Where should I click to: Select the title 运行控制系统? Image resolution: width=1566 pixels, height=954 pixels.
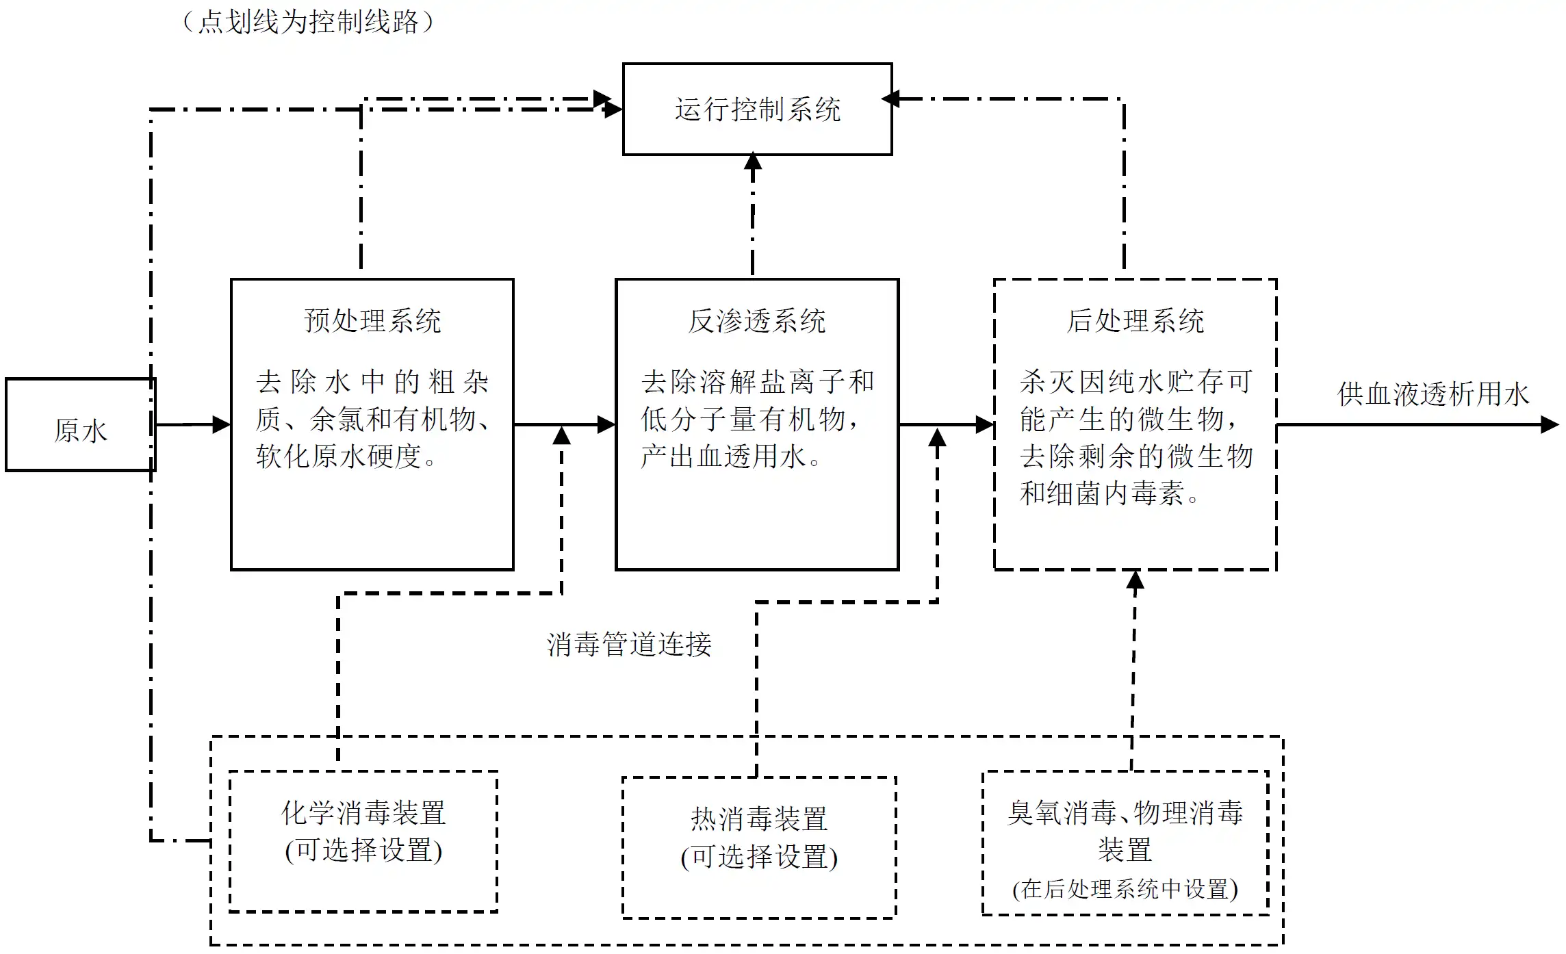(x=757, y=109)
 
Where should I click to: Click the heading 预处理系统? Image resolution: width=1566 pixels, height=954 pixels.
(x=372, y=321)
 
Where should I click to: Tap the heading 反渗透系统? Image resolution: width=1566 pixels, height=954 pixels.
(x=757, y=321)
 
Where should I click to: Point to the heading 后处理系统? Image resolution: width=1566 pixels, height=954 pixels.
(x=1135, y=321)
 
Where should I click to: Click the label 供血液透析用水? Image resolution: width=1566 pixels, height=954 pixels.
(x=1433, y=394)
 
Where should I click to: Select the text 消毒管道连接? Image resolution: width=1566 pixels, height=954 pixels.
(x=629, y=645)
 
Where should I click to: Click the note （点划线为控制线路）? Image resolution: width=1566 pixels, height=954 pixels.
(x=308, y=22)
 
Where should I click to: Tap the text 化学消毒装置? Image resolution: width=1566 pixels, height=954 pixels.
(x=363, y=813)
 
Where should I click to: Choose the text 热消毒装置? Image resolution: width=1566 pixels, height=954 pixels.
(x=759, y=818)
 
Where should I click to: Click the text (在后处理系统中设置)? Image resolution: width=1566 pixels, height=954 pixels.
(x=1125, y=889)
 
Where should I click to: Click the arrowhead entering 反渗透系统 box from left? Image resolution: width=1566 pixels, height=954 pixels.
(x=606, y=424)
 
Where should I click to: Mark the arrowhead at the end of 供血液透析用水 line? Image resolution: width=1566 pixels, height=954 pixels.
(x=1550, y=424)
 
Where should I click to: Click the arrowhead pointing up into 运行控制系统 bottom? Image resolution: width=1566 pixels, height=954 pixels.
(x=753, y=162)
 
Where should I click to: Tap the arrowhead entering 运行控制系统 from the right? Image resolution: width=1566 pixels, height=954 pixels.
(x=890, y=99)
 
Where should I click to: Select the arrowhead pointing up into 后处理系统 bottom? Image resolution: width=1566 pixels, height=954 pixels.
(x=1135, y=580)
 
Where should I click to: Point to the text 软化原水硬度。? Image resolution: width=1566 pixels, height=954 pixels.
(x=346, y=456)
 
